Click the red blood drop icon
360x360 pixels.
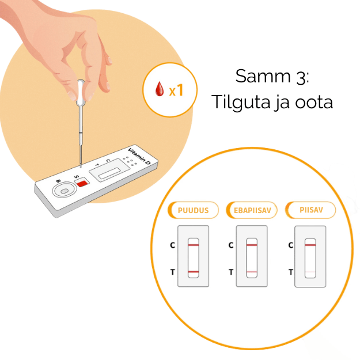point(160,89)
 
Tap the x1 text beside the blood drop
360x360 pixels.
point(176,90)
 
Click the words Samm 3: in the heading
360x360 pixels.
point(272,76)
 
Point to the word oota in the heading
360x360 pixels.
point(314,102)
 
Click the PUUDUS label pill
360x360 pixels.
point(193,210)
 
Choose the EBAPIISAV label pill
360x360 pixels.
point(252,210)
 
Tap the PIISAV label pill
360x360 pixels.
point(310,210)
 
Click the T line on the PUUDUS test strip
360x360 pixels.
point(194,272)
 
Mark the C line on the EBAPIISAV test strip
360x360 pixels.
point(252,245)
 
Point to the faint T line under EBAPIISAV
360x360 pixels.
point(252,272)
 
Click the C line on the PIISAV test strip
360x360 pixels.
point(310,245)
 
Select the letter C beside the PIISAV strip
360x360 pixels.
point(291,245)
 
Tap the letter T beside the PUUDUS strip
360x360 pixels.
point(173,272)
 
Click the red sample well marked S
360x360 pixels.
point(82,183)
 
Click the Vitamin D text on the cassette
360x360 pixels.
point(139,156)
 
